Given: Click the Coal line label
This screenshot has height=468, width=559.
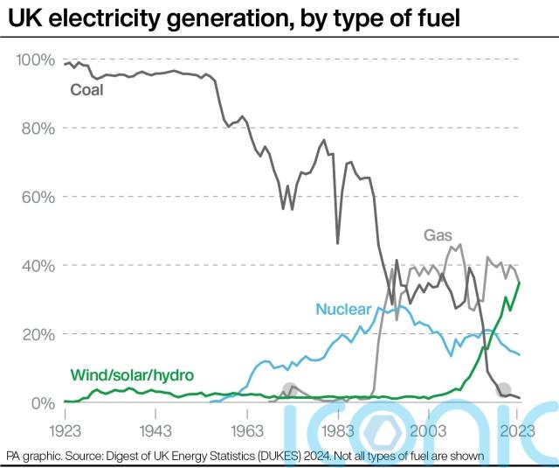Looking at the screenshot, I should (86, 89).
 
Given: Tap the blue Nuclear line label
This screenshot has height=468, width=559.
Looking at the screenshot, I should (343, 309).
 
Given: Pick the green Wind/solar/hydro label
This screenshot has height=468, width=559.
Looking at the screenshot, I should (131, 375).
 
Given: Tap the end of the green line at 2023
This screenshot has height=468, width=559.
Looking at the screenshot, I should (521, 282).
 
